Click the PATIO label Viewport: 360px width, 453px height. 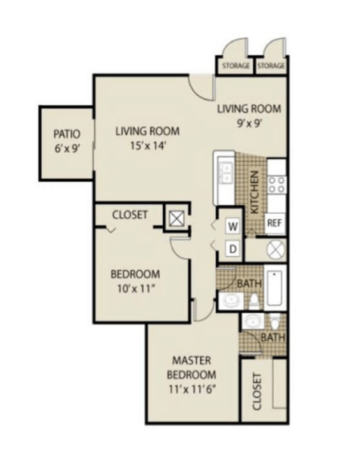pos(66,134)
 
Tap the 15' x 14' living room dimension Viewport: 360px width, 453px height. pos(147,145)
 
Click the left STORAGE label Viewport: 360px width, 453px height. pos(236,66)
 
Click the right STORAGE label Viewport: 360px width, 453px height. pos(271,66)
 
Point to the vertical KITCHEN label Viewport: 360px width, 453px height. pos(253,192)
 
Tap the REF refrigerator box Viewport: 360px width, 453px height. pos(274,223)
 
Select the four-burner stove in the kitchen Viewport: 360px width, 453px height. pos(276,185)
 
